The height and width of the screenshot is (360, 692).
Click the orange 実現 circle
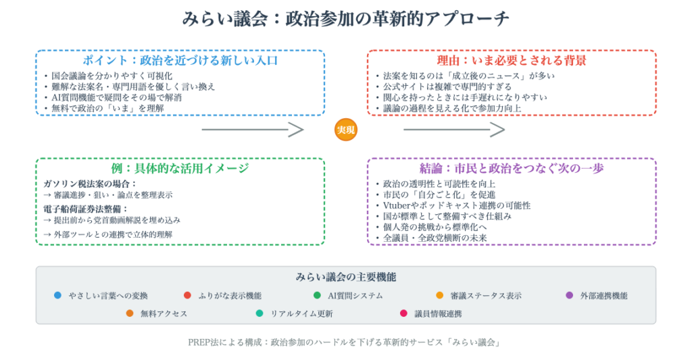click(345, 130)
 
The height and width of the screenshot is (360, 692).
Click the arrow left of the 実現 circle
click(253, 130)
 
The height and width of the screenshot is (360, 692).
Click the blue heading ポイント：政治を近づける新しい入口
click(180, 60)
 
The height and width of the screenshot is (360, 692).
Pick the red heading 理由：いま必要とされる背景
click(512, 60)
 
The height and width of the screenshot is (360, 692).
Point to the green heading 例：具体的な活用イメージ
click(180, 168)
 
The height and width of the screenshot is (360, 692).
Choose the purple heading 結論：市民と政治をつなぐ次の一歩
click(512, 168)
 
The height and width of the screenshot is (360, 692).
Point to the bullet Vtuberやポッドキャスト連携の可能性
click(457, 205)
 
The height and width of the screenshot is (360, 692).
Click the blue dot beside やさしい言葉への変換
click(57, 295)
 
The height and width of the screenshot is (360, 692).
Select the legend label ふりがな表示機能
click(230, 296)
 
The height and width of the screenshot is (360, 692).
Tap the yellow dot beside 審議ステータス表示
click(440, 295)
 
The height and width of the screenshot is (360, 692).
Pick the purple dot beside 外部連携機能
click(569, 295)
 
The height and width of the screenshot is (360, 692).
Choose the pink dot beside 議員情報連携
click(403, 313)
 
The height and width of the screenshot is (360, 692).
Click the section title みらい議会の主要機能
click(345, 277)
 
